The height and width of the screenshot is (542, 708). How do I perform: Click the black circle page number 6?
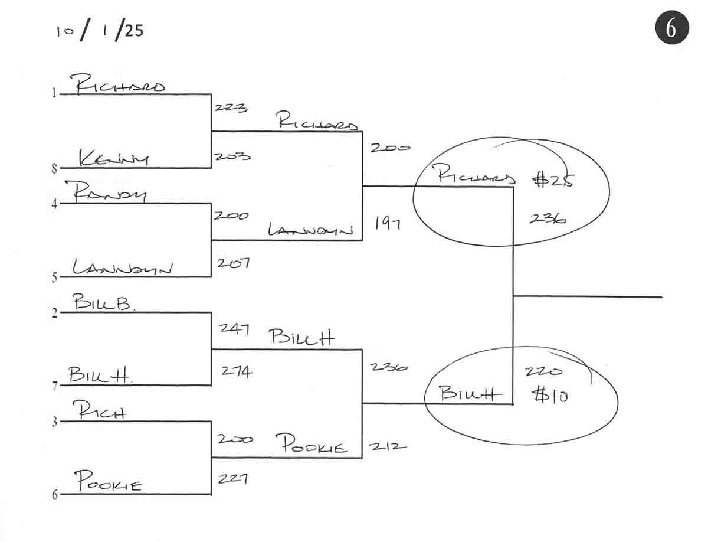coord(671,28)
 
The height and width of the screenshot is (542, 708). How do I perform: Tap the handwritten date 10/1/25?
coord(100,31)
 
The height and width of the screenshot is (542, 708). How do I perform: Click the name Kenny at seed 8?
coord(114,158)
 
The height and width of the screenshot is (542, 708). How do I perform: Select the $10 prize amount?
coord(550,395)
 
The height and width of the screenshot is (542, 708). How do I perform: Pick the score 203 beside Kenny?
coord(232,157)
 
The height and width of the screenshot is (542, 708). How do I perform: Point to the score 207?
coord(233,263)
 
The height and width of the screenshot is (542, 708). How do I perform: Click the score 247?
coord(235,328)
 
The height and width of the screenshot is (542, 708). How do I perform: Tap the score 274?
coord(237,371)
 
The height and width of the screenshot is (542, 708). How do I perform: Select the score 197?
coord(388,223)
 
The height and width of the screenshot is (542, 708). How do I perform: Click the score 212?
coord(388,446)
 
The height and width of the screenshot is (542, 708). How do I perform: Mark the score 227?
coord(232,478)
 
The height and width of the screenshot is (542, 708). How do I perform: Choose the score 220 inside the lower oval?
coord(543,372)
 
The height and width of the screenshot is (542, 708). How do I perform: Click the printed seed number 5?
coord(54,277)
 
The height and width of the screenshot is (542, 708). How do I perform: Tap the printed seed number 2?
coord(54,313)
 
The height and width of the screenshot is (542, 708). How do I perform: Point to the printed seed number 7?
coord(54,387)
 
